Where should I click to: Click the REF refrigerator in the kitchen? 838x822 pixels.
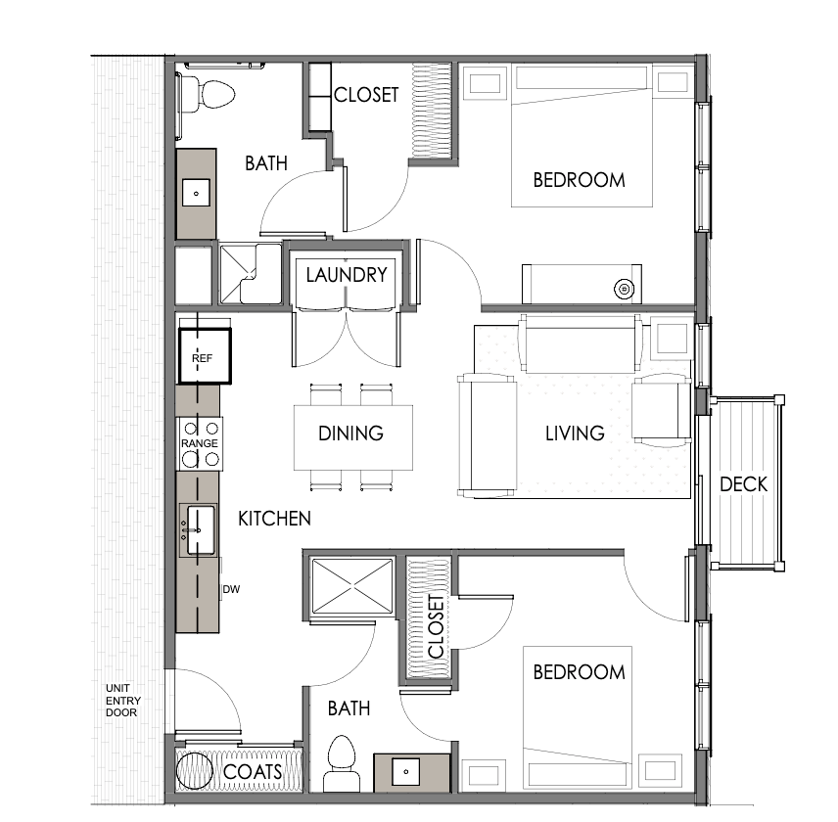pyautogui.click(x=206, y=356)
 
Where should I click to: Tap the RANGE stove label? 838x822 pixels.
pyautogui.click(x=200, y=443)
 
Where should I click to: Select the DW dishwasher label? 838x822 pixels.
pyautogui.click(x=231, y=589)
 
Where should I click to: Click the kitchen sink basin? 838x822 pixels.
pyautogui.click(x=201, y=530)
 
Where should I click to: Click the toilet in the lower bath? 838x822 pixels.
pyautogui.click(x=341, y=762)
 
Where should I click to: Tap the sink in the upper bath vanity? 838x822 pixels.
pyautogui.click(x=196, y=194)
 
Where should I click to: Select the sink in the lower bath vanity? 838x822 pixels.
pyautogui.click(x=406, y=771)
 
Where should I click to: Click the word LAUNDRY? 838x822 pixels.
pyautogui.click(x=347, y=275)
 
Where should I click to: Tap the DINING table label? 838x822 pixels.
pyautogui.click(x=350, y=434)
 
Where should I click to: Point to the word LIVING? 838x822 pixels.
pyautogui.click(x=575, y=434)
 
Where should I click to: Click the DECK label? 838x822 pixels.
pyautogui.click(x=743, y=484)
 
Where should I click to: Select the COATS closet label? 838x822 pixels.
pyautogui.click(x=253, y=772)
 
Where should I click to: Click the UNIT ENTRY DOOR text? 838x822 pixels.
pyautogui.click(x=123, y=701)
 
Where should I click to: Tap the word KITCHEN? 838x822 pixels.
pyautogui.click(x=274, y=519)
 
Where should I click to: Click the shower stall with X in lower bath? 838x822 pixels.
pyautogui.click(x=352, y=586)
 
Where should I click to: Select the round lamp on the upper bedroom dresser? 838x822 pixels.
pyautogui.click(x=624, y=289)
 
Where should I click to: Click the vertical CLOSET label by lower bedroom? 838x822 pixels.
pyautogui.click(x=436, y=627)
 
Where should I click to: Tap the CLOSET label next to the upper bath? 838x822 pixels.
pyautogui.click(x=366, y=95)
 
